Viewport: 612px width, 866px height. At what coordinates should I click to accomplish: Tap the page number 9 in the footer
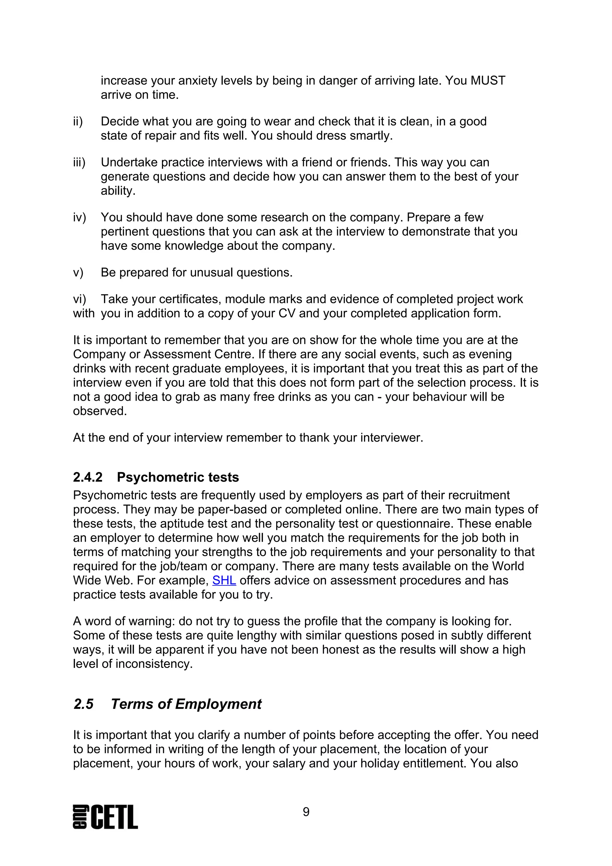coord(306,812)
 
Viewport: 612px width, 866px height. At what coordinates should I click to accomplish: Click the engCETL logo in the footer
coord(105,817)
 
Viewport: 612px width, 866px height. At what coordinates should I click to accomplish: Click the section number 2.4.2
coord(88,478)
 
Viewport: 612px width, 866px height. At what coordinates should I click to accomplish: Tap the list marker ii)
coord(78,121)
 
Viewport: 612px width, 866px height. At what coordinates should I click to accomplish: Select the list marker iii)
coord(79,163)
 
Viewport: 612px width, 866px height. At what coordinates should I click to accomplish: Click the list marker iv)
coord(79,218)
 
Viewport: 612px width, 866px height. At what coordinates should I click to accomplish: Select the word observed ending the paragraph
coord(100,411)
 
